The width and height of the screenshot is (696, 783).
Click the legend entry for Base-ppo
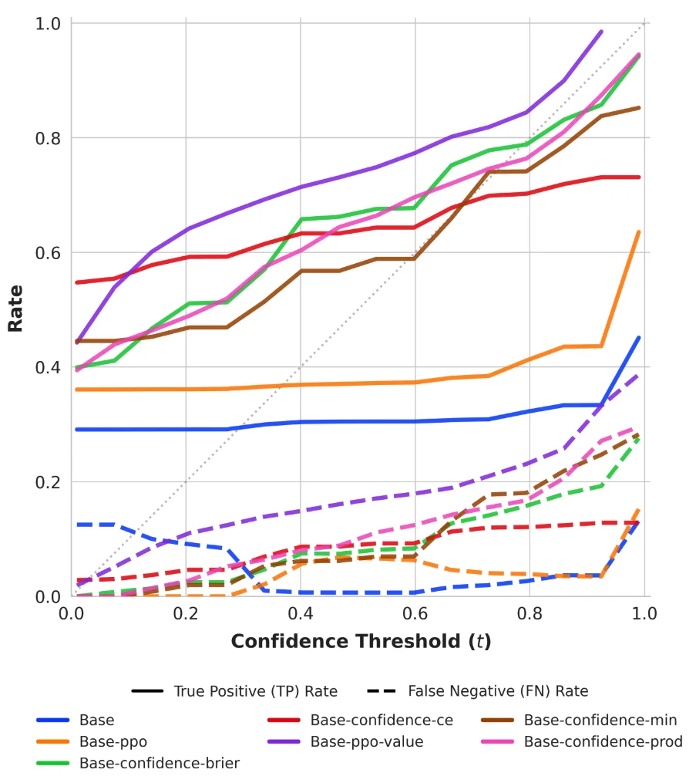point(113,742)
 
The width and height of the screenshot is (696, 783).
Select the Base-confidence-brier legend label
point(159,764)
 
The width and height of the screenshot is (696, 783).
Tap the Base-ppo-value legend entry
point(367,742)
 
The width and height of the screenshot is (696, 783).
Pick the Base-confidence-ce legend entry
point(382,721)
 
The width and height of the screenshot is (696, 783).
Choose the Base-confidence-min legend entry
point(600,721)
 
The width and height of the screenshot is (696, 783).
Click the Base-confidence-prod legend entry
point(603,742)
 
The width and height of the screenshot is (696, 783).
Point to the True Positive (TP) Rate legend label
point(255,691)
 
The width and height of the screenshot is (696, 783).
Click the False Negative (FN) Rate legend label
point(498,691)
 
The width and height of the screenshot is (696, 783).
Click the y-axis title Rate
point(15,309)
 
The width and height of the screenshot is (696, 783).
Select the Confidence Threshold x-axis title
point(361,641)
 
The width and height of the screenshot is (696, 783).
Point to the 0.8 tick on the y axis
point(48,138)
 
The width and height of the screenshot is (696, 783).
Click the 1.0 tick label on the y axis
point(48,24)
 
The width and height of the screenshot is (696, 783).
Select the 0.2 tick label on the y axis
point(48,482)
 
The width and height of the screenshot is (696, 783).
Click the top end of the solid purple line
point(601,32)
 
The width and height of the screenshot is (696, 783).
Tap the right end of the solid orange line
point(639,231)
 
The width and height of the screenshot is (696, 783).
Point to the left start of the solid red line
point(77,282)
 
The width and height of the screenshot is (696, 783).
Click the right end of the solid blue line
point(639,337)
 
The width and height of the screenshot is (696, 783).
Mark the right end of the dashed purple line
point(639,374)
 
